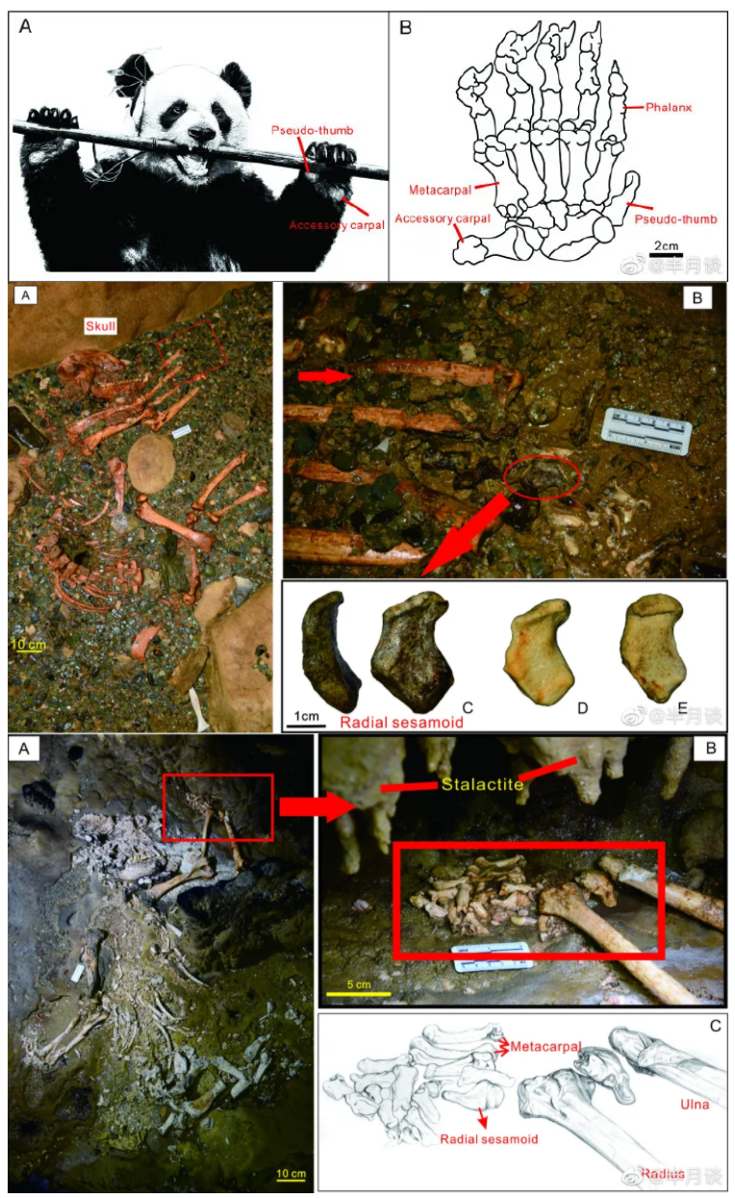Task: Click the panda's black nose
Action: coord(200,136)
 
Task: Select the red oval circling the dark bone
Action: coord(542,478)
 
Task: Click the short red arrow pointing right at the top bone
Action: coord(324,377)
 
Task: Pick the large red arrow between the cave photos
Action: coord(313,806)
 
